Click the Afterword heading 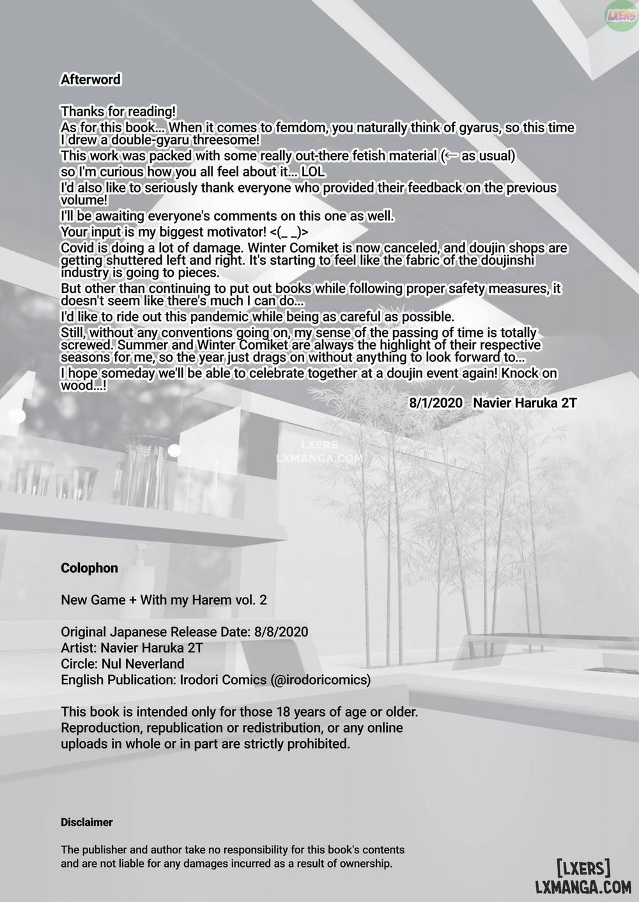click(x=90, y=79)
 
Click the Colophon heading click(x=89, y=568)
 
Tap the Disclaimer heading click(x=87, y=822)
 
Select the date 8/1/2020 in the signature click(x=436, y=402)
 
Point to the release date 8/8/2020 click(x=281, y=632)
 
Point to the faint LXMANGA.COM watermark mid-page click(x=319, y=458)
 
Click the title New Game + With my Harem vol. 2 click(x=164, y=600)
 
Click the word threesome click(x=226, y=140)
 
